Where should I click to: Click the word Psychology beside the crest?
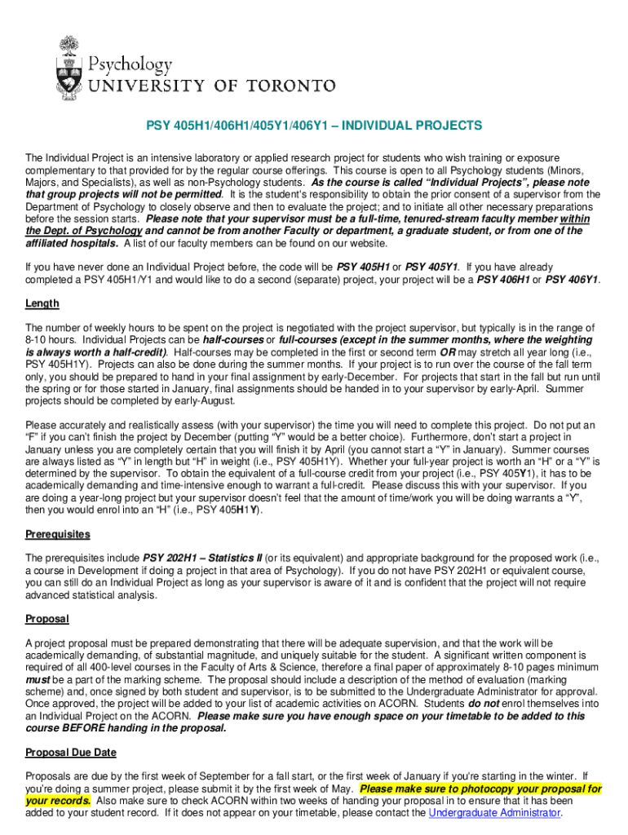(x=130, y=64)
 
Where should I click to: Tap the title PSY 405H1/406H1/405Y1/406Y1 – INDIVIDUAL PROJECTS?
(x=314, y=126)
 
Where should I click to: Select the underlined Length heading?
(x=42, y=303)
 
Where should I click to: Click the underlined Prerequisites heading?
(x=58, y=534)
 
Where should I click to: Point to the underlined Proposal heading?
(x=47, y=619)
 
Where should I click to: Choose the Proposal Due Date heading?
(x=71, y=752)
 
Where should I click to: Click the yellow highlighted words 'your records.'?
(x=58, y=801)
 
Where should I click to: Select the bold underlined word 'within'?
(x=574, y=219)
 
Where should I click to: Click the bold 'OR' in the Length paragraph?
(x=447, y=351)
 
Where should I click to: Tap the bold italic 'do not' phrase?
(x=483, y=703)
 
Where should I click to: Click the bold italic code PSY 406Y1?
(x=572, y=279)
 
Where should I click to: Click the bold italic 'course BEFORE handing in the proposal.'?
(x=126, y=727)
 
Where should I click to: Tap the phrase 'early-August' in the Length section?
(x=205, y=400)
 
